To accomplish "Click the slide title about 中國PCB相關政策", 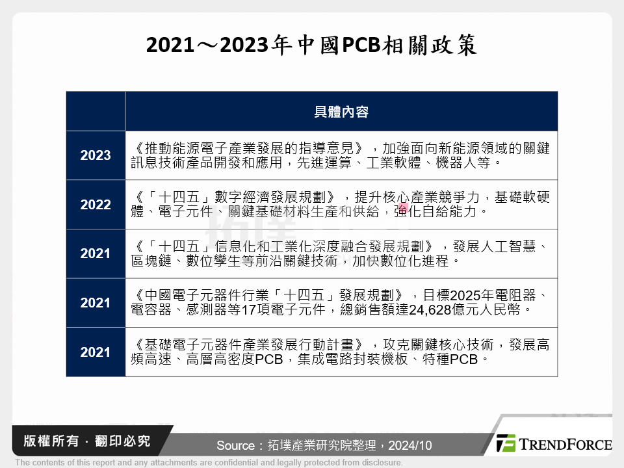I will pyautogui.click(x=311, y=46).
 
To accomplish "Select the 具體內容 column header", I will pyautogui.click(x=341, y=112).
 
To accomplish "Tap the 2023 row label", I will pyautogui.click(x=96, y=155).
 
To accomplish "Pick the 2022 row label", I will pyautogui.click(x=96, y=205).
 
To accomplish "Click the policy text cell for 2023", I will pyautogui.click(x=341, y=155).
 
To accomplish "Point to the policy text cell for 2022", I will pyautogui.click(x=341, y=205).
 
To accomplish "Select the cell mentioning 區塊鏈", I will pyautogui.click(x=341, y=253).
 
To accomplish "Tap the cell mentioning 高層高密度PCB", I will pyautogui.click(x=341, y=352).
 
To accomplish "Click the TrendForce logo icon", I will pyautogui.click(x=506, y=443).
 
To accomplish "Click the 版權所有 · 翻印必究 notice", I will pyautogui.click(x=86, y=441).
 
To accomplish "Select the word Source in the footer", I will pyautogui.click(x=236, y=446).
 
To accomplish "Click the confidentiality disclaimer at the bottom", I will pyautogui.click(x=209, y=463).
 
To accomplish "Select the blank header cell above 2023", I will pyautogui.click(x=96, y=112).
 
